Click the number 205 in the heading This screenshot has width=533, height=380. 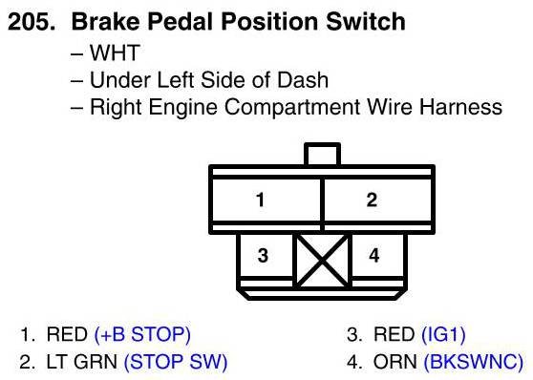[x=32, y=21]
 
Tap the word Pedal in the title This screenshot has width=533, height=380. [x=181, y=21]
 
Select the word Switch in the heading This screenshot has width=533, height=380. [x=366, y=21]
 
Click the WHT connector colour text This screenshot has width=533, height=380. [x=115, y=53]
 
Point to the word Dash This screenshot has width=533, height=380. [x=303, y=80]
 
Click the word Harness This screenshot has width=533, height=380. [x=460, y=107]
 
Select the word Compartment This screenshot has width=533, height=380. [x=292, y=107]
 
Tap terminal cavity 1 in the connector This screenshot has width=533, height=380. [x=266, y=200]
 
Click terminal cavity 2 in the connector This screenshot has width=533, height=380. [x=377, y=200]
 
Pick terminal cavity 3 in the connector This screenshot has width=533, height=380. [x=266, y=255]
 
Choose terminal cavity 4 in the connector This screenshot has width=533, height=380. [x=377, y=255]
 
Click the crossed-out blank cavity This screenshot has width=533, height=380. [x=322, y=261]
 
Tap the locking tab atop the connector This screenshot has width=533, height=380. [x=322, y=154]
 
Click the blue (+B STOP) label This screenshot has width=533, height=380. [x=142, y=334]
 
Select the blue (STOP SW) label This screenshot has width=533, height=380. [x=176, y=362]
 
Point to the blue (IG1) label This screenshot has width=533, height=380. [x=443, y=334]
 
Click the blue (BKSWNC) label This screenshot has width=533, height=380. [x=474, y=362]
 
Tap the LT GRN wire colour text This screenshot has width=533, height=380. [x=81, y=362]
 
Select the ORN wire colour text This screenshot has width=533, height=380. [x=395, y=362]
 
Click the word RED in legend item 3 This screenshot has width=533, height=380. [x=394, y=334]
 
